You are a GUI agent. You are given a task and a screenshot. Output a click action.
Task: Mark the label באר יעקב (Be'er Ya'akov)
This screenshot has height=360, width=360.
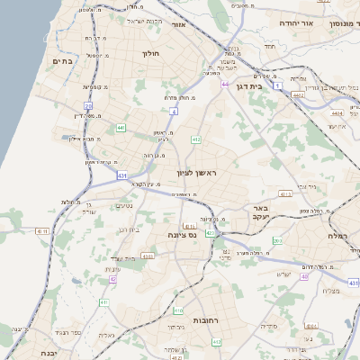point(288,213)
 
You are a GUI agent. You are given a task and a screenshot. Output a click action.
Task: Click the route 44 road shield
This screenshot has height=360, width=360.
point(223,84)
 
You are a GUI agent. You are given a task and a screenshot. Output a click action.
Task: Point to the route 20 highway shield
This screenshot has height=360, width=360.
point(89,106)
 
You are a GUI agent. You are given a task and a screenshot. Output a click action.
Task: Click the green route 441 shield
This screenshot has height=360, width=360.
point(120,128)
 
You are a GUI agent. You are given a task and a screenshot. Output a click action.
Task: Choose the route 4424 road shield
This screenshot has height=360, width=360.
point(337,114)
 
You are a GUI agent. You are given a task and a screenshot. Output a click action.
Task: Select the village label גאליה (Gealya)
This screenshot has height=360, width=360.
point(106,334)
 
